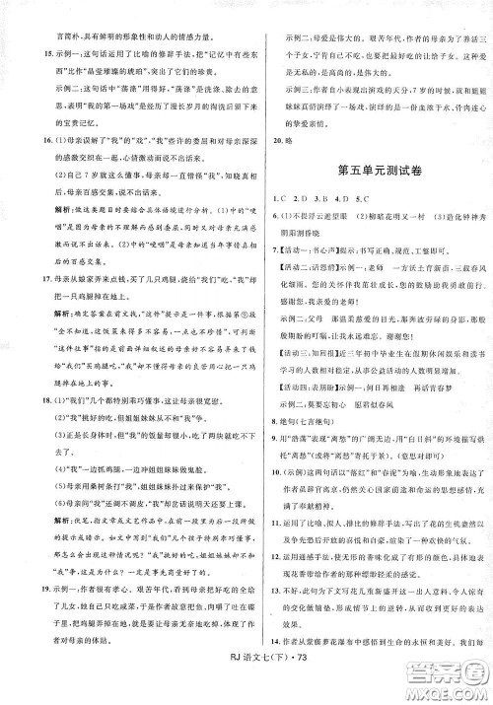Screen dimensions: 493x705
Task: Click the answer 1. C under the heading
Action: [x=277, y=204]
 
